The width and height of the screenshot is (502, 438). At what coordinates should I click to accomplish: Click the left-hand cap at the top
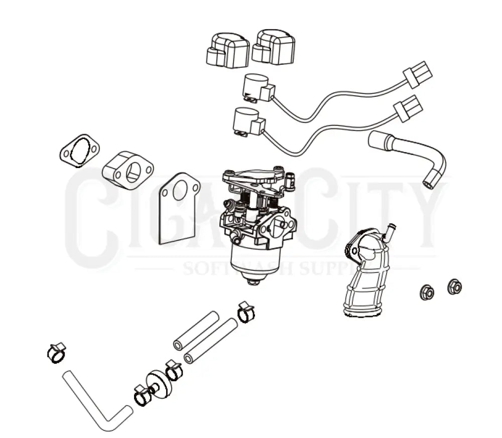pos(227,50)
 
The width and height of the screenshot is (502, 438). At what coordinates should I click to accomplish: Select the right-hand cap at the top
pos(274,47)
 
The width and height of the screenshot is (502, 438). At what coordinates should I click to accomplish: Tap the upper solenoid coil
pos(258,87)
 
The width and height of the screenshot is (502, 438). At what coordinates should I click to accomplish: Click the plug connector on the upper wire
pos(418,74)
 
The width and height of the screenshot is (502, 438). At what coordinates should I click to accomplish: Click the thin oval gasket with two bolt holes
pos(79,150)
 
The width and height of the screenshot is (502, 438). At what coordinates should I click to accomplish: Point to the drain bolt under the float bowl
pos(254,282)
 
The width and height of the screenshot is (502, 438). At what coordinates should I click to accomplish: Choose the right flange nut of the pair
pos(454,287)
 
